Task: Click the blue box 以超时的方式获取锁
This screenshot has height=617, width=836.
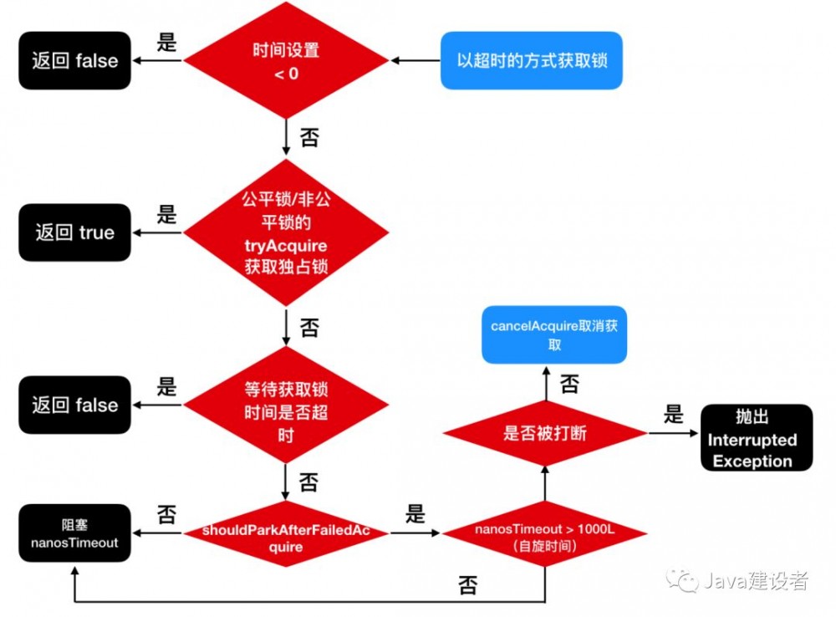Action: point(532,61)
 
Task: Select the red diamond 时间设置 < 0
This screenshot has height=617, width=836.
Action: point(286,61)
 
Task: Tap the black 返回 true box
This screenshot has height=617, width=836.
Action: point(75,232)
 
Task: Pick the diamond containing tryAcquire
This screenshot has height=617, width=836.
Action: point(286,233)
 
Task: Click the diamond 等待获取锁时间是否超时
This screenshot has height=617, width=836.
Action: point(286,405)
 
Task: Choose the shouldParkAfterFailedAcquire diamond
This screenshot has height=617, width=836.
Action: point(286,532)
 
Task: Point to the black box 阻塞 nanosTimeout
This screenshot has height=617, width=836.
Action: point(75,533)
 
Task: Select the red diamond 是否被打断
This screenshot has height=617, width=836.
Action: point(544,433)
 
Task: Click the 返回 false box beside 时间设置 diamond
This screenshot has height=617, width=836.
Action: point(75,61)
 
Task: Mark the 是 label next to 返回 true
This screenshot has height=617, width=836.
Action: point(167,214)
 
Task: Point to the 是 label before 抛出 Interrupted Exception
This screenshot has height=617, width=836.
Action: point(673,415)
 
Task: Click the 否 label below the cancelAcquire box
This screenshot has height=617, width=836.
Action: point(569,385)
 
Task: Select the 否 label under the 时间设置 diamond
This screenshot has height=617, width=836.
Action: point(309,137)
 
